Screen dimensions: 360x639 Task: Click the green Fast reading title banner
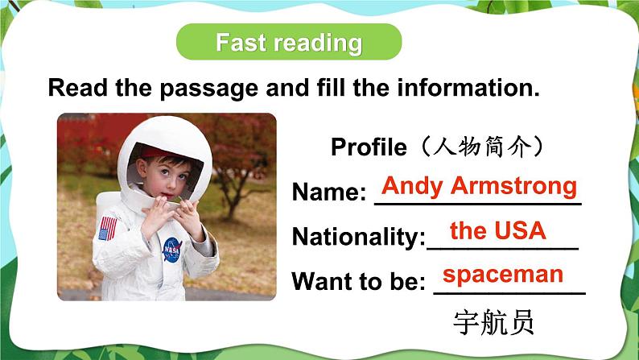[288, 42]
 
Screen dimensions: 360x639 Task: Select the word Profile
[369, 147]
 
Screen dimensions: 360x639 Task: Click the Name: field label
[329, 192]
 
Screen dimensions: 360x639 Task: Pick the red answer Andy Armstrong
[479, 187]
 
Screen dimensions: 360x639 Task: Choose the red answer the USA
[498, 232]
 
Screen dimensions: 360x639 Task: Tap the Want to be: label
[358, 282]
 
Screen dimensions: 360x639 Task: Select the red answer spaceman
[503, 275]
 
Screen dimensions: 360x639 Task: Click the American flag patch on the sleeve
[107, 227]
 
